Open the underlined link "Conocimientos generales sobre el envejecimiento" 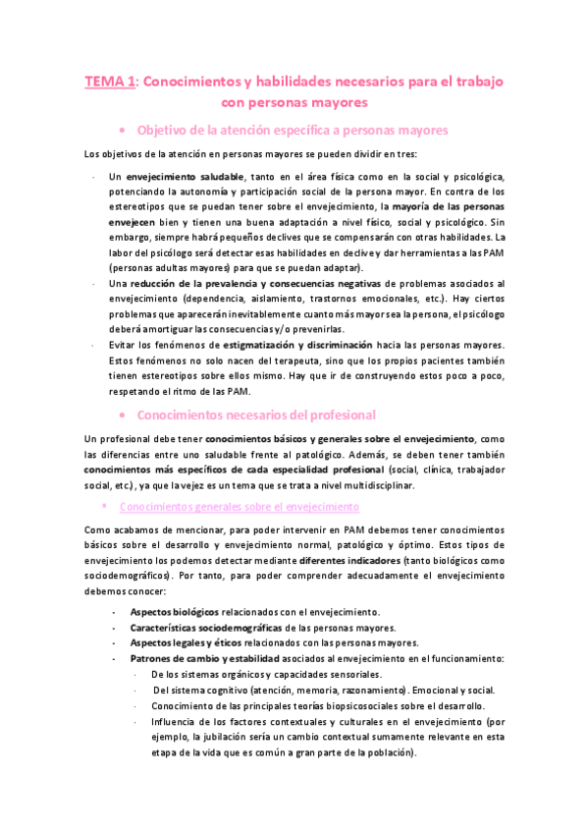[x=240, y=507]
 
